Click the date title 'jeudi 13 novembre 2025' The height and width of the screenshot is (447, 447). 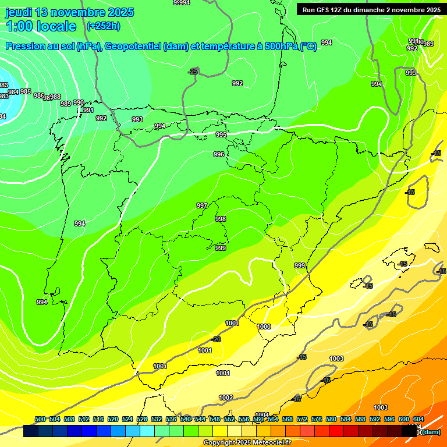69,12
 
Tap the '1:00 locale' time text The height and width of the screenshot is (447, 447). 41,26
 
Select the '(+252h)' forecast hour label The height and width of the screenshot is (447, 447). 103,26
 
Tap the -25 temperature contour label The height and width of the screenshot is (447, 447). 193,72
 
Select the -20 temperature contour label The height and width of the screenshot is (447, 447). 216,339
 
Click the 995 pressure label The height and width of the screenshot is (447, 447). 221,134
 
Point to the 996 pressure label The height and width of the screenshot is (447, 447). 219,154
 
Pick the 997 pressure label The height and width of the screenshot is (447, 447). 202,205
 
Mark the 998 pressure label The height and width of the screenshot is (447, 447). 221,219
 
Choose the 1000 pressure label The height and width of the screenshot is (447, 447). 264,327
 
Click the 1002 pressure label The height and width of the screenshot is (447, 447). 226,398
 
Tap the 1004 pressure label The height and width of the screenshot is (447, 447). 262,415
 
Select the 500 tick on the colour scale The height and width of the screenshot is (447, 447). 40,419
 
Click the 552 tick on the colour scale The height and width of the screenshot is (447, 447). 229,419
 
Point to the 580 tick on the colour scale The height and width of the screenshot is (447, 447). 331,419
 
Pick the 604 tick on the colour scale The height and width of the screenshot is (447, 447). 418,419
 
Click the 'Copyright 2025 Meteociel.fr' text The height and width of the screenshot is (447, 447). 246,442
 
